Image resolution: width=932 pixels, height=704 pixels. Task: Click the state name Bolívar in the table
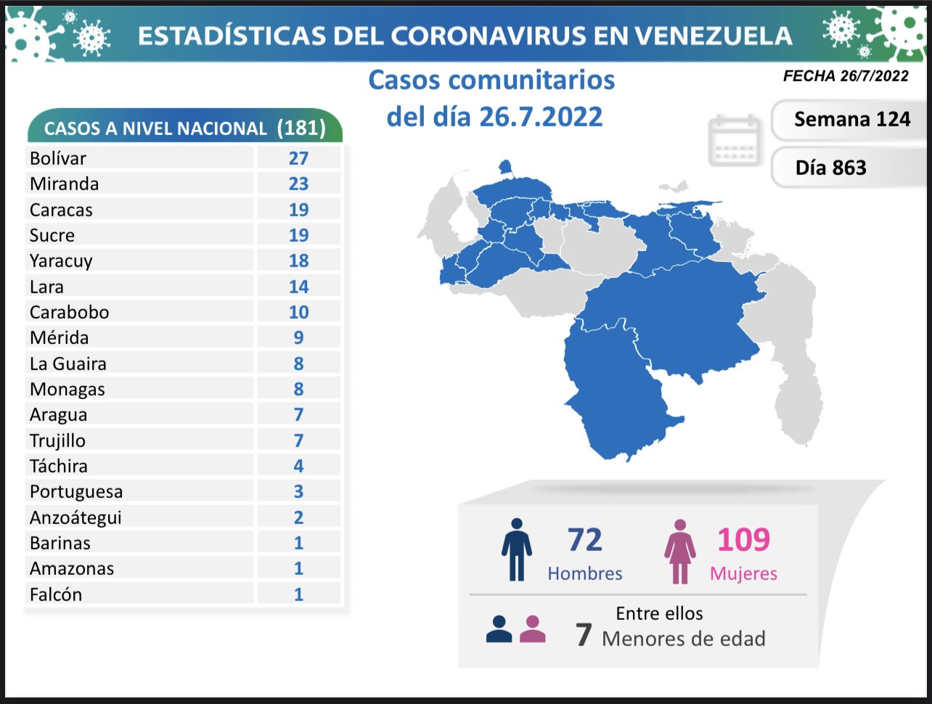tap(58, 158)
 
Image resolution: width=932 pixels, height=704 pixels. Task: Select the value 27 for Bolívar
tap(298, 158)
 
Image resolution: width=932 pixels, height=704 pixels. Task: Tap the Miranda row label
tap(64, 184)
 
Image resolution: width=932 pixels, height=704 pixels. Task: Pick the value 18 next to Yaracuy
tap(298, 261)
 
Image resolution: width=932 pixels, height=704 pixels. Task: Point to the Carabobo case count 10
tap(298, 312)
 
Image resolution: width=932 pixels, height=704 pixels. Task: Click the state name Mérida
tap(59, 337)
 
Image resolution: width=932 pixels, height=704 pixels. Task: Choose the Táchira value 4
tap(298, 466)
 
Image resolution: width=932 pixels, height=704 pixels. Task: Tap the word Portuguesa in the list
tap(76, 492)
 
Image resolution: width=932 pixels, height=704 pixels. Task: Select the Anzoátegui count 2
tap(298, 517)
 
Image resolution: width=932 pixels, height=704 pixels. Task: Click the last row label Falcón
tap(56, 594)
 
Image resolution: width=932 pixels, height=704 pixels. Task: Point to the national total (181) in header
tap(301, 128)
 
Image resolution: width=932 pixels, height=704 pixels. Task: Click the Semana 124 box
tap(851, 120)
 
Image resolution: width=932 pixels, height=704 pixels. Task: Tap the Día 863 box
tap(831, 168)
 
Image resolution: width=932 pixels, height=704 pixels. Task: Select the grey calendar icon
tap(735, 140)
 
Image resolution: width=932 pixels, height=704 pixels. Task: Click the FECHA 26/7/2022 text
tap(846, 75)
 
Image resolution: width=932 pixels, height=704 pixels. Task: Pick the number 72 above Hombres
tap(585, 540)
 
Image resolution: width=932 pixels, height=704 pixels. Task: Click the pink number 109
tap(743, 540)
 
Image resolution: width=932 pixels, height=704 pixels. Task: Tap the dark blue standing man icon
tap(517, 549)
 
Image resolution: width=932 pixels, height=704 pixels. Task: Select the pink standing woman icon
tap(679, 552)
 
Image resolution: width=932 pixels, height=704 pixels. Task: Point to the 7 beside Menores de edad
tap(584, 636)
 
